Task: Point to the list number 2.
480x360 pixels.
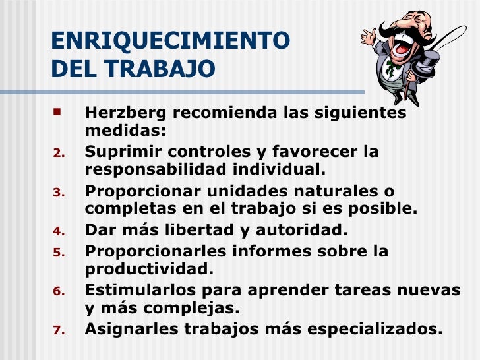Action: point(57,154)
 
